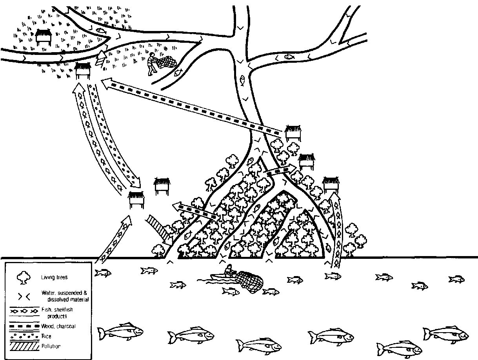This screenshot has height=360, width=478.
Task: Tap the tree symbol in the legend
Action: (x=22, y=278)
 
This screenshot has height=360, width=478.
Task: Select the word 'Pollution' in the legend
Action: (x=51, y=346)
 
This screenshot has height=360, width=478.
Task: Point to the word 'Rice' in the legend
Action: (x=46, y=336)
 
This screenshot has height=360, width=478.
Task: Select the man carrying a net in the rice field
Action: (x=151, y=63)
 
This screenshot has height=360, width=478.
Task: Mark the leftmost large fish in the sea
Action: (x=120, y=332)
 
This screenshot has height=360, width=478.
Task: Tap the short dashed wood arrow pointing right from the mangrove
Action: (x=279, y=170)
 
